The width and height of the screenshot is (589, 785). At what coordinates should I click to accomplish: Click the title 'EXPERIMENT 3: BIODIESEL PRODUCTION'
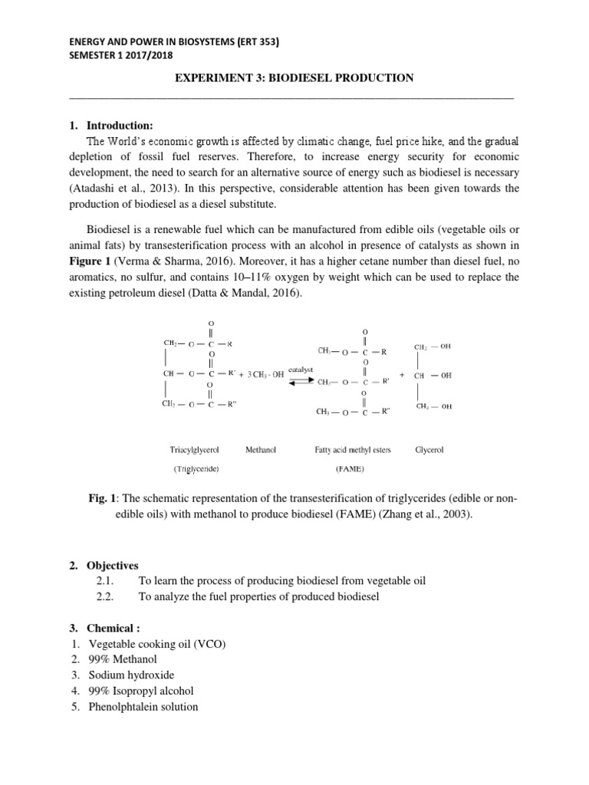295,78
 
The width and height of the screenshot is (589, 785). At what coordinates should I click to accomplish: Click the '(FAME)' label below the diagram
352,466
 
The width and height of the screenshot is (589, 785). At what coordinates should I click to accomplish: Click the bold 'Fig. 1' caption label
104,500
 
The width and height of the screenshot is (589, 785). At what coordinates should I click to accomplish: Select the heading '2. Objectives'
112,565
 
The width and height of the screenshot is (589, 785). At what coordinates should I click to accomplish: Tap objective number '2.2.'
108,597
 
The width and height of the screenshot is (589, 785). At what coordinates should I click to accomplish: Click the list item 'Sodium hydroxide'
131,675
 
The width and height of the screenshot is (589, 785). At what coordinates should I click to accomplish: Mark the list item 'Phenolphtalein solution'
143,707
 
